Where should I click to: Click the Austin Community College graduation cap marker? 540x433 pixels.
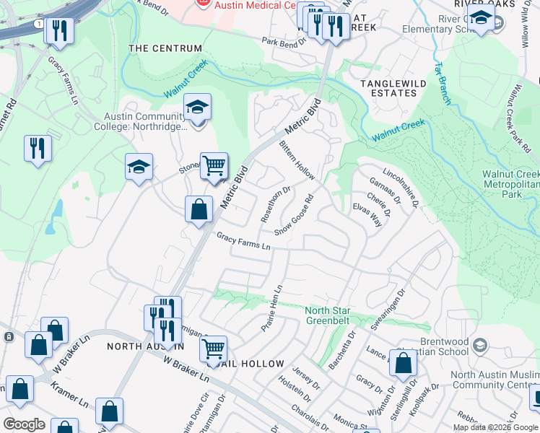197,108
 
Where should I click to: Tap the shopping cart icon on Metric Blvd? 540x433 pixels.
214,166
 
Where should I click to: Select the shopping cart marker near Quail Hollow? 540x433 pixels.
213,349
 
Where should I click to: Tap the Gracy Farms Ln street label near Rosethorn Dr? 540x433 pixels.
243,242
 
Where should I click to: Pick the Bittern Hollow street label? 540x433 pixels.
297,160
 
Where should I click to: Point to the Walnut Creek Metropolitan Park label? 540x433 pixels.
510,185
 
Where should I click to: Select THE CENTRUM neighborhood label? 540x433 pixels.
165,48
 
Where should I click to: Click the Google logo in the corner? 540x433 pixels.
24,424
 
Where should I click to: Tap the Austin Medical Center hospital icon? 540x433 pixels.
204,3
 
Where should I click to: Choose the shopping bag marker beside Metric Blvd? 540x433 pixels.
199,210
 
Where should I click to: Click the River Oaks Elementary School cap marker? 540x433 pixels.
480,20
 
